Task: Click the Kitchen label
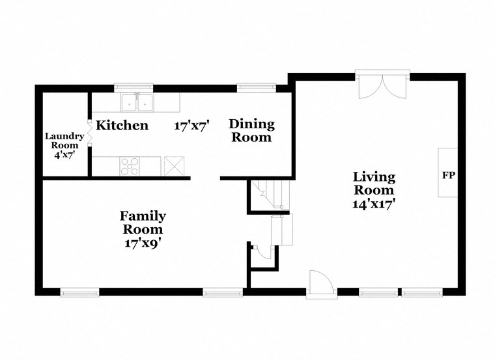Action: [122, 125]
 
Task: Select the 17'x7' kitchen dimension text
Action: [191, 126]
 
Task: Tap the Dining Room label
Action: [251, 130]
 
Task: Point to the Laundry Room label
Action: [64, 141]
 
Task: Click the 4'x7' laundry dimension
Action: [64, 156]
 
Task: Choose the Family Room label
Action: [143, 223]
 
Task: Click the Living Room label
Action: [374, 184]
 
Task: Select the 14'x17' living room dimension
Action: [374, 203]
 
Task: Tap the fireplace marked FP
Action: [447, 174]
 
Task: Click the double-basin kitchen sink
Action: [137, 102]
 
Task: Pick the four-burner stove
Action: [130, 166]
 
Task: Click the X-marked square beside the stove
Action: [173, 165]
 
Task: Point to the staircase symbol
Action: [270, 194]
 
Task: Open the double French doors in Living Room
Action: [382, 85]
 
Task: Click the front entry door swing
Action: [321, 284]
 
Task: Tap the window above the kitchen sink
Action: [134, 87]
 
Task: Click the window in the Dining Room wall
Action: [256, 87]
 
